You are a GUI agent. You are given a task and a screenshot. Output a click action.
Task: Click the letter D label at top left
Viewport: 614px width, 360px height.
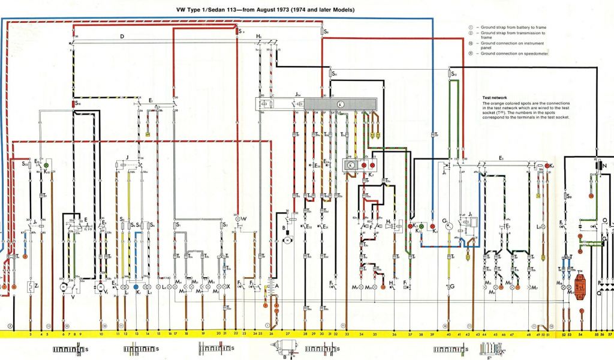click(122, 37)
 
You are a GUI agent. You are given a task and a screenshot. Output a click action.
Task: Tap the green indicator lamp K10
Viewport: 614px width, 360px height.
click(47, 163)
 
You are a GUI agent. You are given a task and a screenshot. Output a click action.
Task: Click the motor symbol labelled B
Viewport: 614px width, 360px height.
click(287, 239)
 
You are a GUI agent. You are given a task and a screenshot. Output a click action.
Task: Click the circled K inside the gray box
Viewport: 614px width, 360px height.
click(340, 104)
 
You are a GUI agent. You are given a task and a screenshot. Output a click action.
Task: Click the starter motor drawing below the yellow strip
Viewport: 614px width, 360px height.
click(281, 349)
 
